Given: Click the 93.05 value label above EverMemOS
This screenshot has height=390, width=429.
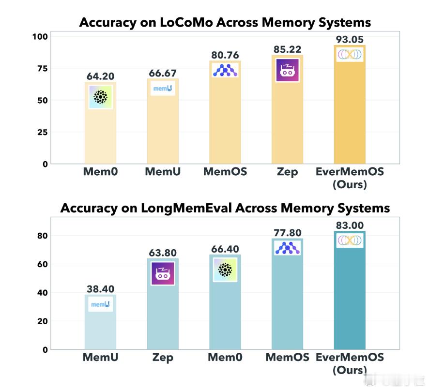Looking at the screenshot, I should coord(349,40).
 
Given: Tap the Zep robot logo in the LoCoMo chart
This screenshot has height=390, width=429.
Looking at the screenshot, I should coord(287,70).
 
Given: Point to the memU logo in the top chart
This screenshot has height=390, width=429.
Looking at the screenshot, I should coord(163,89).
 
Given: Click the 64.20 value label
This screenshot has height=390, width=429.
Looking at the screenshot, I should coord(100,76).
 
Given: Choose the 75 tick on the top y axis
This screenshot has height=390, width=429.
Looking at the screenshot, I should coord(42,68).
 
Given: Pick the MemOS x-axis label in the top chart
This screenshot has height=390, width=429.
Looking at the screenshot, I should coord(225,171).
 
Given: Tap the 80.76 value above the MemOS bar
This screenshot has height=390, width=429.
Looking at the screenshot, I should coord(225,55).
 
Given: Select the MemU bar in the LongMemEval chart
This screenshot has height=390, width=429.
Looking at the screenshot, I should coord(100,322).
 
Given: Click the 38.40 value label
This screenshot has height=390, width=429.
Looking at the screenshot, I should coord(100,289).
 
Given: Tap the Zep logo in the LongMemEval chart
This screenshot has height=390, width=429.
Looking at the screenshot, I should coord(163,274).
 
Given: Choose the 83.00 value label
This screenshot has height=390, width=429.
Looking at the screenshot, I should coord(349,225).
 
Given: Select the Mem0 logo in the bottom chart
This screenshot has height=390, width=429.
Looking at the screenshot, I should coord(225,270).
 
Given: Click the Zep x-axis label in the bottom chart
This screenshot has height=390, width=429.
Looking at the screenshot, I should coord(163,358).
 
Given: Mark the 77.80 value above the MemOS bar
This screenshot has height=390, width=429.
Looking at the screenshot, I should coord(287,233).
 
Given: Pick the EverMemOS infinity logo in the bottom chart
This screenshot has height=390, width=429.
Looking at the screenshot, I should coord(349,240).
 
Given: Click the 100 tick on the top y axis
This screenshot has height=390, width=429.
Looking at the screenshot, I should coord(40,36).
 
